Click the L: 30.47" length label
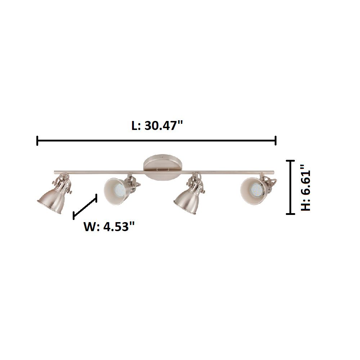click(x=157, y=126)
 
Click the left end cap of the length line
click(x=37, y=141)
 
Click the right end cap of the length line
click(x=275, y=141)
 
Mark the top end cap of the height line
click(x=290, y=161)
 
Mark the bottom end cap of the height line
click(x=290, y=214)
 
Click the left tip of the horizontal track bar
click(x=55, y=171)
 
